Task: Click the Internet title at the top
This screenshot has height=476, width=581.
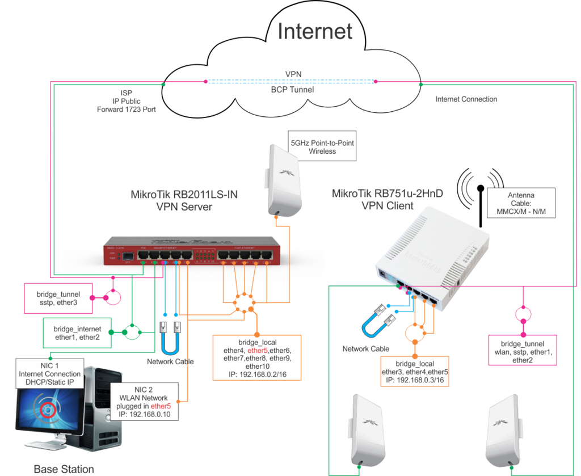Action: pos(315,32)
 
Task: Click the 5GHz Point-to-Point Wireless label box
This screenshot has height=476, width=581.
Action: pos(322,147)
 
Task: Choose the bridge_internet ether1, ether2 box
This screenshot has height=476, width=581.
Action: pos(77,332)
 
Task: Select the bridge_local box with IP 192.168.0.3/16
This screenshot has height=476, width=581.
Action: pos(415,372)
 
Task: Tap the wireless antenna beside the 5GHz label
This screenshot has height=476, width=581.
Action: pos(283,179)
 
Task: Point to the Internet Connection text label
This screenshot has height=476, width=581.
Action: pos(466,99)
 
